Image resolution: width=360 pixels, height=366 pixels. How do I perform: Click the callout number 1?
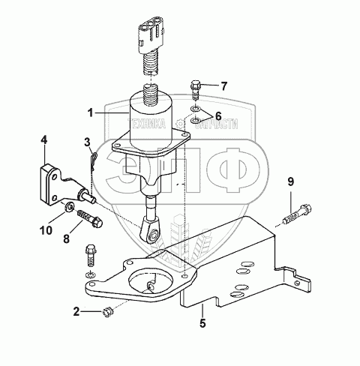point(91,113)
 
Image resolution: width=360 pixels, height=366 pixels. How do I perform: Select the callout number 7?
point(223,86)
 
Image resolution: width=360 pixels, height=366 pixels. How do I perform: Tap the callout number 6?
point(218,116)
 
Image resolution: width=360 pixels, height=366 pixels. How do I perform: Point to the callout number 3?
point(87,142)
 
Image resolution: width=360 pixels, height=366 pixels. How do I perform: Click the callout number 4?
point(44,141)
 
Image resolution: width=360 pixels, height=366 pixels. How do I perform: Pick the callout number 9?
point(291,181)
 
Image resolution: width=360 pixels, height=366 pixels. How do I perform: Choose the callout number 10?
point(46,230)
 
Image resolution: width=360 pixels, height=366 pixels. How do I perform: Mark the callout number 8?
point(66,238)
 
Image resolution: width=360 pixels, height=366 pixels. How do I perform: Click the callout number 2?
point(76,311)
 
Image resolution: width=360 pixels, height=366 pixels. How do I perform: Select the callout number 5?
point(202,323)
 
